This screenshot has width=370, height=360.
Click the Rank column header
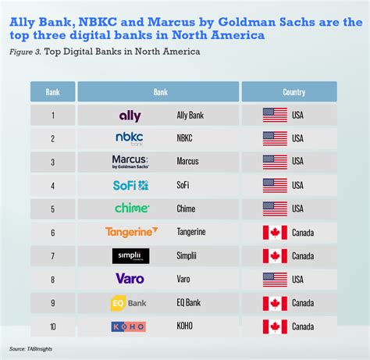(53, 91)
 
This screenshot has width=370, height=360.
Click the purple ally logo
(130, 116)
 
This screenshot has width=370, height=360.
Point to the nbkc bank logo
(130, 139)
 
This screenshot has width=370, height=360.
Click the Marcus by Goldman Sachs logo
(130, 162)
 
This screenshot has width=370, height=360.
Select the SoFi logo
(130, 185)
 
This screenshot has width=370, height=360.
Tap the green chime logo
(132, 208)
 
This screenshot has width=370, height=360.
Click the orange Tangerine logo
(131, 232)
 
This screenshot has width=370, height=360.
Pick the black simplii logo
(131, 256)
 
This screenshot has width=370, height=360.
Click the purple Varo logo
(130, 279)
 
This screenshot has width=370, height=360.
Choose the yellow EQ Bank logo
(129, 303)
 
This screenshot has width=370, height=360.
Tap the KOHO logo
(129, 326)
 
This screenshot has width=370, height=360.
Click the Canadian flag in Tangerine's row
(275, 233)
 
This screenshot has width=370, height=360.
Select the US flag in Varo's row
(275, 280)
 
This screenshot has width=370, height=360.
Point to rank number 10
(53, 326)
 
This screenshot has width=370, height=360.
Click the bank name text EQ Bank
(189, 303)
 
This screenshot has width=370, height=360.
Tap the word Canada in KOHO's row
(303, 326)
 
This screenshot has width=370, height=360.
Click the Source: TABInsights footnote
(30, 349)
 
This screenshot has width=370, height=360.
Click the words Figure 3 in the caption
(25, 52)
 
